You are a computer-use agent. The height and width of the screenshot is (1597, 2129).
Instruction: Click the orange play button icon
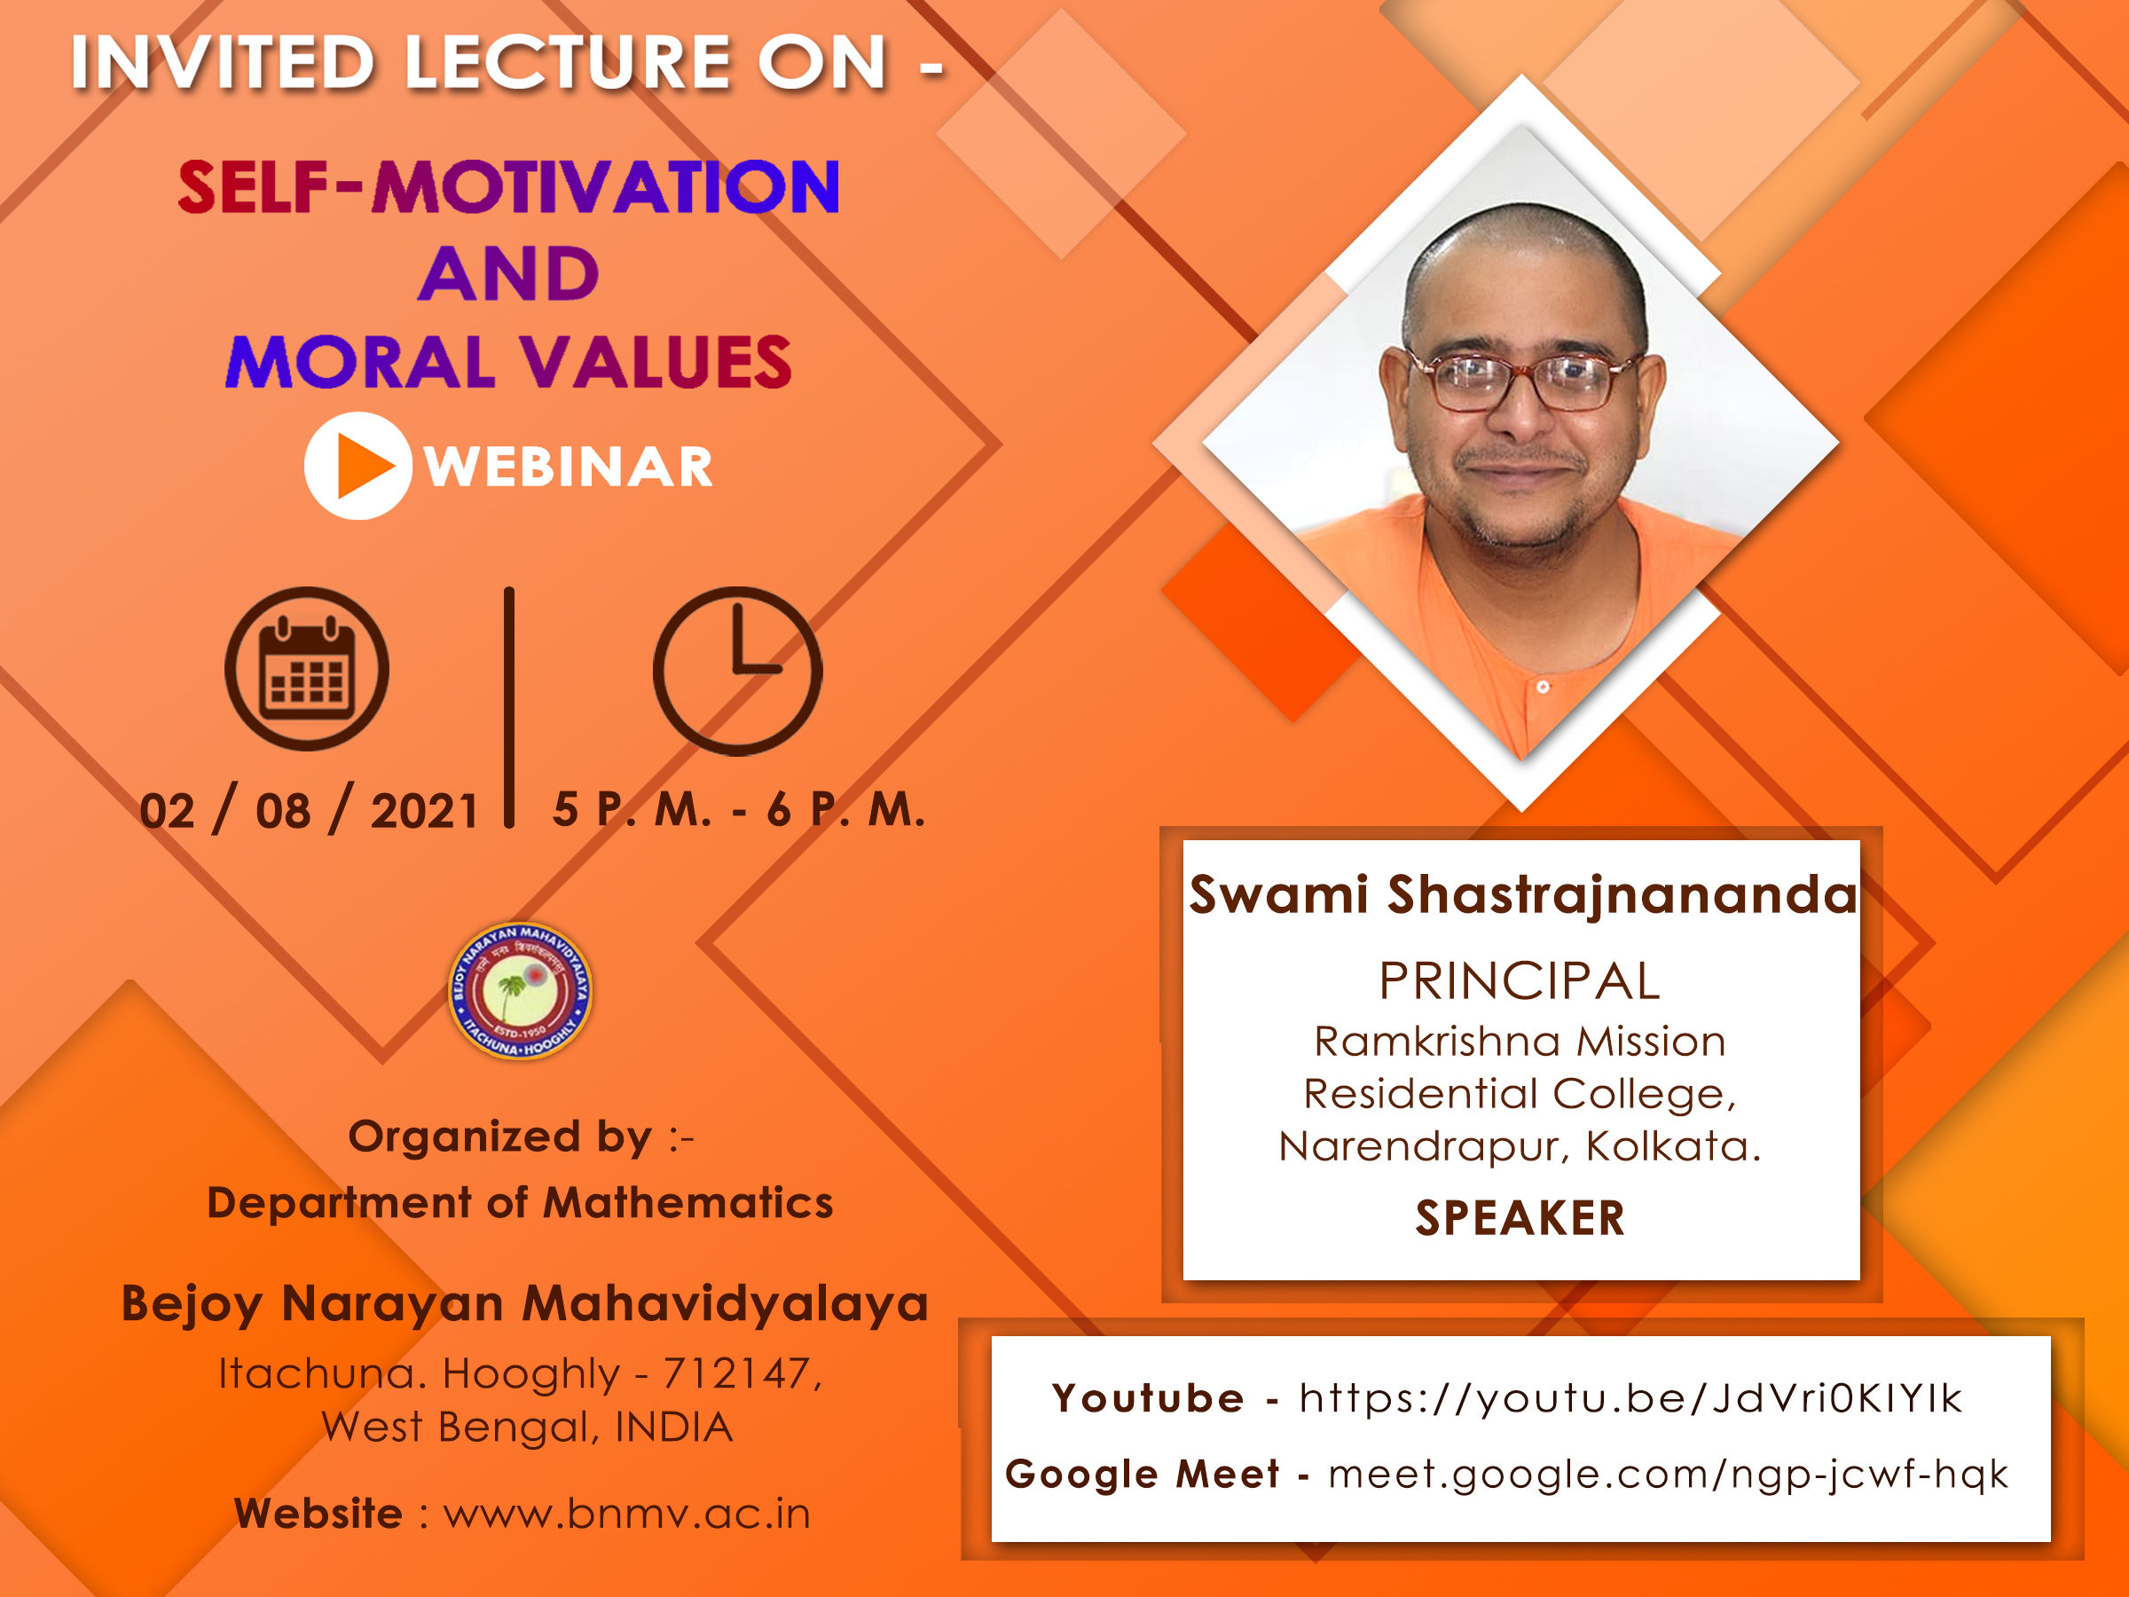pos(358,466)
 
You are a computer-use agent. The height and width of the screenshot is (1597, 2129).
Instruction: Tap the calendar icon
pos(307,668)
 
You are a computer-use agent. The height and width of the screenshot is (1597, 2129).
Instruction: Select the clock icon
pos(737,671)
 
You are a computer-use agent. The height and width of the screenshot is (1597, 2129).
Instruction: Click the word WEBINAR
pos(569,468)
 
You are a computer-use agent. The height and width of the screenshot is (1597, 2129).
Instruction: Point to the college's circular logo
pos(520,990)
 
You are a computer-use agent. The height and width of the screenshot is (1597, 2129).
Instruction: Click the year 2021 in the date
pos(424,811)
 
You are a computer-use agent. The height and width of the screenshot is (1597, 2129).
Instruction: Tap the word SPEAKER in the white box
pos(1520,1218)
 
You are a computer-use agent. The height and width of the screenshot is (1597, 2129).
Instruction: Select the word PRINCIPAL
pos(1520,981)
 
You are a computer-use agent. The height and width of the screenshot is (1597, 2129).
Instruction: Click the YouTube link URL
pos(1630,1397)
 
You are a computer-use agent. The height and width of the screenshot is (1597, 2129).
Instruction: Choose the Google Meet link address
pos(1668,1474)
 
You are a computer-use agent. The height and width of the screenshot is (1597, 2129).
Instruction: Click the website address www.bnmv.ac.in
pos(626,1514)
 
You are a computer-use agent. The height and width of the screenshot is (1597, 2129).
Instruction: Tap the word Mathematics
pos(688,1203)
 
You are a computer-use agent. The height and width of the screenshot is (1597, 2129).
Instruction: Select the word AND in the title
pos(509,273)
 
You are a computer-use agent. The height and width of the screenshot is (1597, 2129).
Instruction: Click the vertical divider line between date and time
pos(509,707)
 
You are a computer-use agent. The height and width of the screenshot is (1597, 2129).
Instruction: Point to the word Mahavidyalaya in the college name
pos(725,1305)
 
